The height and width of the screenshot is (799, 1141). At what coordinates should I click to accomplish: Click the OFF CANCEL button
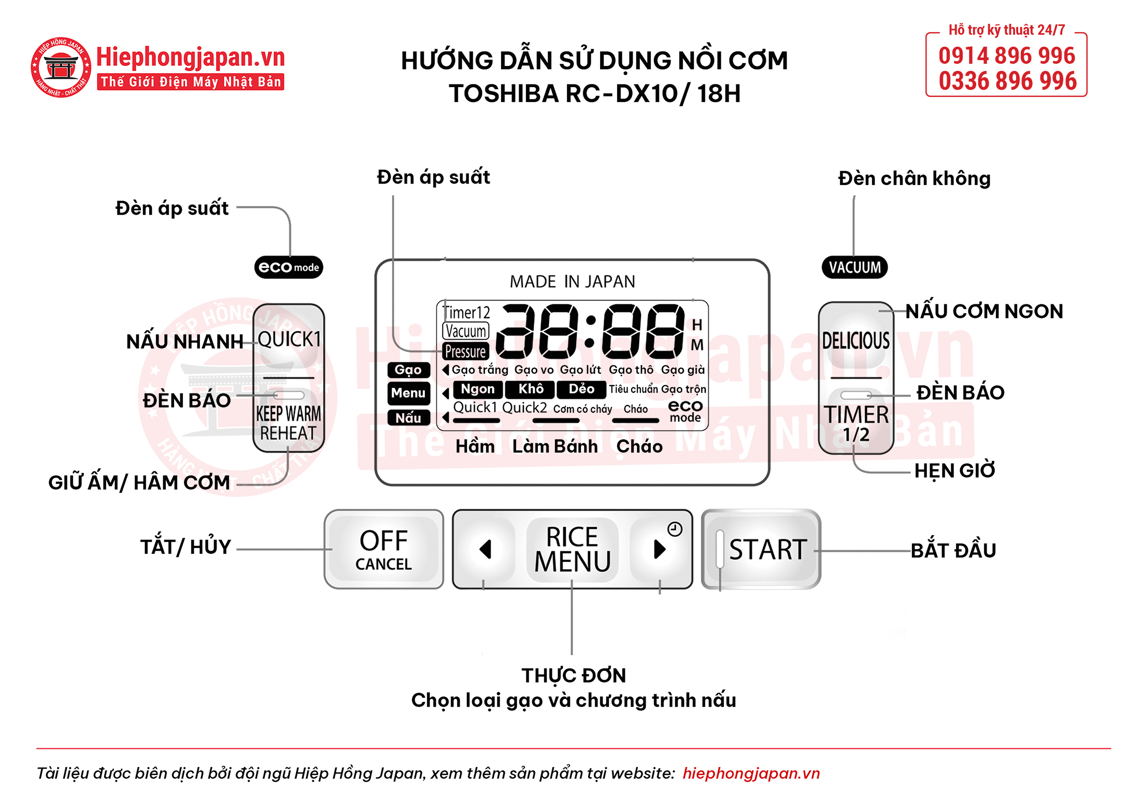click(x=383, y=549)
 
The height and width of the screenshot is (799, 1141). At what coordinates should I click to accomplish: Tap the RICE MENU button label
click(x=573, y=549)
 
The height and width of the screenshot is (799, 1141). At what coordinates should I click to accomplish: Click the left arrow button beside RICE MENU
click(x=485, y=549)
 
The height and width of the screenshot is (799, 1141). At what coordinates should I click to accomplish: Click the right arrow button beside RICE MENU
click(x=659, y=549)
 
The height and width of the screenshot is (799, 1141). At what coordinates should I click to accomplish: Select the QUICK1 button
click(x=289, y=339)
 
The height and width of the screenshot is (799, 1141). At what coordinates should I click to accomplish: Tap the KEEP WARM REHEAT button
click(x=289, y=423)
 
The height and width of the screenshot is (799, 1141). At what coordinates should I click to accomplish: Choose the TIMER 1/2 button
click(x=856, y=423)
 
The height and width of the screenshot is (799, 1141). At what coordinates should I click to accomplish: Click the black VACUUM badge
click(x=854, y=268)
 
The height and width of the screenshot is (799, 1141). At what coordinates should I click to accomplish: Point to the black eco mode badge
click(x=289, y=268)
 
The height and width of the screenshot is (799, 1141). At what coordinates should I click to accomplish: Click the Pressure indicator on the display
click(x=465, y=352)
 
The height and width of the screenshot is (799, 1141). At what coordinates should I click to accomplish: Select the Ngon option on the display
click(x=478, y=389)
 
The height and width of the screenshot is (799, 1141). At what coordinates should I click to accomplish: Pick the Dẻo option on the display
click(x=581, y=389)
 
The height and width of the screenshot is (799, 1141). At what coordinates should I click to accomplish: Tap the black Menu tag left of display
click(x=408, y=393)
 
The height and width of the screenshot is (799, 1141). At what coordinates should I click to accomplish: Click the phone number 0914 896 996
click(x=1007, y=55)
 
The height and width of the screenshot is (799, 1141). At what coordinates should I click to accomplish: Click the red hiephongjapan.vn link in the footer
click(x=751, y=773)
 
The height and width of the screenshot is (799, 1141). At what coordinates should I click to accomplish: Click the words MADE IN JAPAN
click(x=572, y=282)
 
